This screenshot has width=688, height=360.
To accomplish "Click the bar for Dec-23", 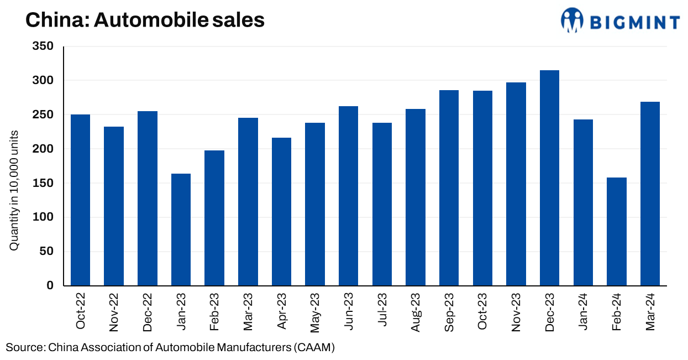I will point(549,178).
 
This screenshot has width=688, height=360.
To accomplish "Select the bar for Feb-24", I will point(616,232).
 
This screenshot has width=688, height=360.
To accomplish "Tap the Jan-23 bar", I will point(181,229).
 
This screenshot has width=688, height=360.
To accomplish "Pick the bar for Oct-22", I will point(81,200).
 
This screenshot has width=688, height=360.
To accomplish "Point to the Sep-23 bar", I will point(449,188).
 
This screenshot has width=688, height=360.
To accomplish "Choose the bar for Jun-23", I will point(348,196).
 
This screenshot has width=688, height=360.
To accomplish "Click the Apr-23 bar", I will point(281,212).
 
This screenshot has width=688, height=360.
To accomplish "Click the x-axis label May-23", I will point(315,312).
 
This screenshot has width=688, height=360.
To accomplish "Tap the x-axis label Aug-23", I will point(416,312).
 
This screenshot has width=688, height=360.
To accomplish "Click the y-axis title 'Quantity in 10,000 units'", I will point(14,190).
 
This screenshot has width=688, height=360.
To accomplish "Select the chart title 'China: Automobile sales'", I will point(145,20).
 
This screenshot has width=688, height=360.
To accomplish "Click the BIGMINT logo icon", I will point(573,20).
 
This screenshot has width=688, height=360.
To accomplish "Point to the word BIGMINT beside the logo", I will point(636,22).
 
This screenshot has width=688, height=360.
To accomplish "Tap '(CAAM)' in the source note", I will point(314,348).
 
